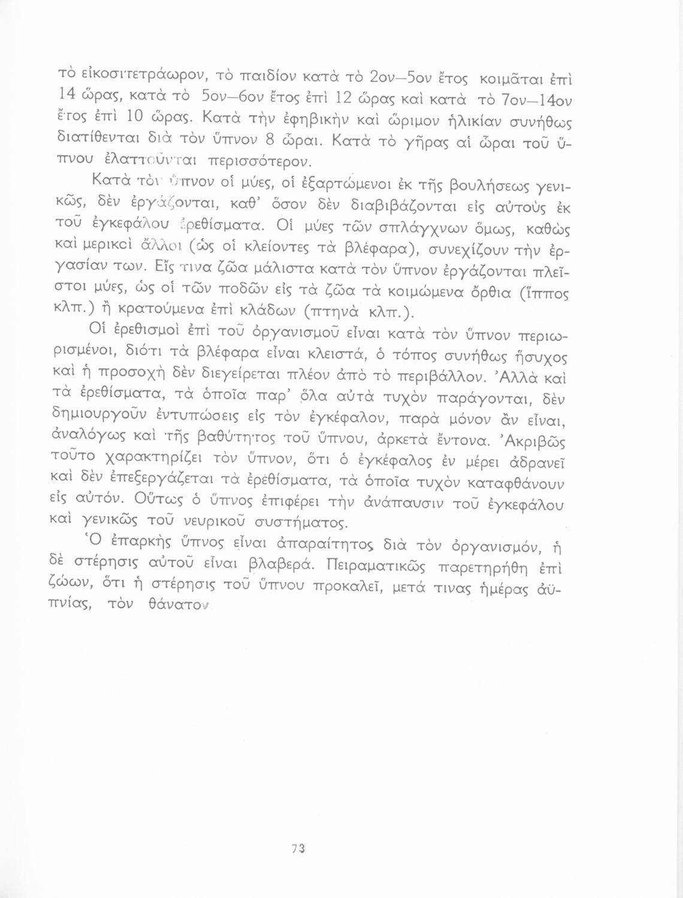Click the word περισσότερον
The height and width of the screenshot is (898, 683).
pos(259,161)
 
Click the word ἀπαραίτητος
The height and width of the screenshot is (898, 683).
pos(336,546)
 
